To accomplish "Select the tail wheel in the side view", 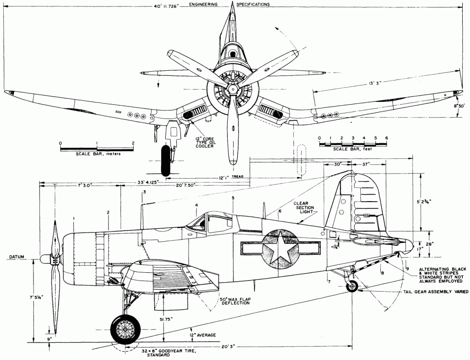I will coord(352,287).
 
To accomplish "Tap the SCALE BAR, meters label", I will coord(98,154).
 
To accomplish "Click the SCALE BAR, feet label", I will coord(352,150).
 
